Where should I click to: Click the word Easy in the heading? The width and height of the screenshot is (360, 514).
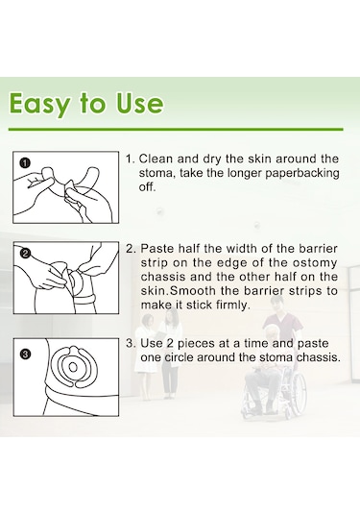click(x=40, y=104)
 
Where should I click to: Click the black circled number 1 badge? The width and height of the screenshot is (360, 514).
click(x=25, y=162)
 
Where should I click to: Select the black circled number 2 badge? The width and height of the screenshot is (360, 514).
click(x=25, y=253)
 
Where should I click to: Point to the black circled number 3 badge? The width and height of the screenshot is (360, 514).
click(x=25, y=355)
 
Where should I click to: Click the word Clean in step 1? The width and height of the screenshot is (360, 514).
click(x=156, y=159)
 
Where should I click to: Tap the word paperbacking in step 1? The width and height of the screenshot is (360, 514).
click(x=302, y=173)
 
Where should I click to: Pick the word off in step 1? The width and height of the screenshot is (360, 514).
click(x=147, y=186)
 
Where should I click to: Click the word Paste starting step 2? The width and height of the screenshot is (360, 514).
click(x=157, y=249)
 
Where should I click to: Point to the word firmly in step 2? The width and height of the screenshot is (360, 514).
click(x=233, y=306)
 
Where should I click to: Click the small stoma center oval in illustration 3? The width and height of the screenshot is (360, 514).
click(x=73, y=367)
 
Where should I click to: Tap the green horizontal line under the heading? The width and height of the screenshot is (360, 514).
click(x=176, y=129)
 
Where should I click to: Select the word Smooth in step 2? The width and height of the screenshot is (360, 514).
click(x=193, y=291)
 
